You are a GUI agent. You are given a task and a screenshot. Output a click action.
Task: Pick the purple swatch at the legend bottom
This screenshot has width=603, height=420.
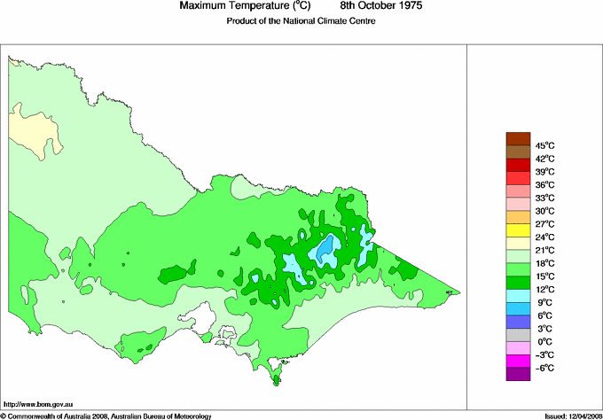(x=517, y=375)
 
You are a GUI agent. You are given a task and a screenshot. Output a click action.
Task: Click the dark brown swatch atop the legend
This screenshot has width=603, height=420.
(x=517, y=138)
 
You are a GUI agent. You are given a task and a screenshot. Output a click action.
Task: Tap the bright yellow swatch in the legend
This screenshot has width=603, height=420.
(x=517, y=230)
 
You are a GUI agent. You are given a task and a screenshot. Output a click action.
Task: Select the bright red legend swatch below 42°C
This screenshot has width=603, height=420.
(x=517, y=165)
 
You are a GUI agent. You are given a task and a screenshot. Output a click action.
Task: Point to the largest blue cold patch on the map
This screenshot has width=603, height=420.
(x=327, y=250)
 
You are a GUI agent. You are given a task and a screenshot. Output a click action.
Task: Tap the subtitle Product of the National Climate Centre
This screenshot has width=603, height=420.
(x=301, y=21)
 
